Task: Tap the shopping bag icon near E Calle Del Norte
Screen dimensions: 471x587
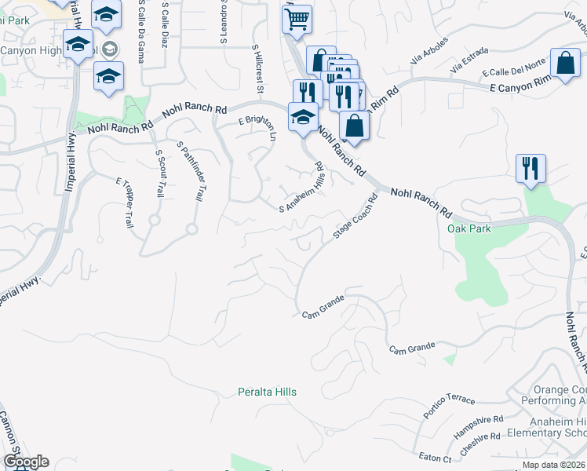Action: click(x=565, y=63)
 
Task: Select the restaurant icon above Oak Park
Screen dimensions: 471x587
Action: click(x=531, y=168)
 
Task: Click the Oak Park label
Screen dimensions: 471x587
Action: click(x=469, y=228)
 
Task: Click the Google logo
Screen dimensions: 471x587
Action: click(x=26, y=462)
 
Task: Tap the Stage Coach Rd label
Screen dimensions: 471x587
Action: click(x=355, y=217)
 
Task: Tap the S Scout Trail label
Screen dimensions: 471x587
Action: click(x=159, y=173)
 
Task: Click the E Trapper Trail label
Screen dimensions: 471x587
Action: click(x=125, y=203)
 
